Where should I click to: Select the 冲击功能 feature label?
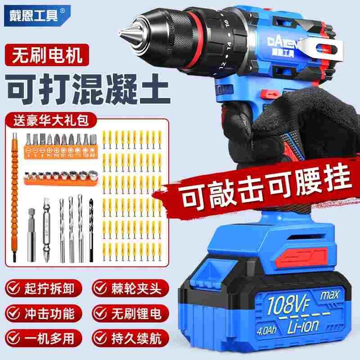(54, 312)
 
